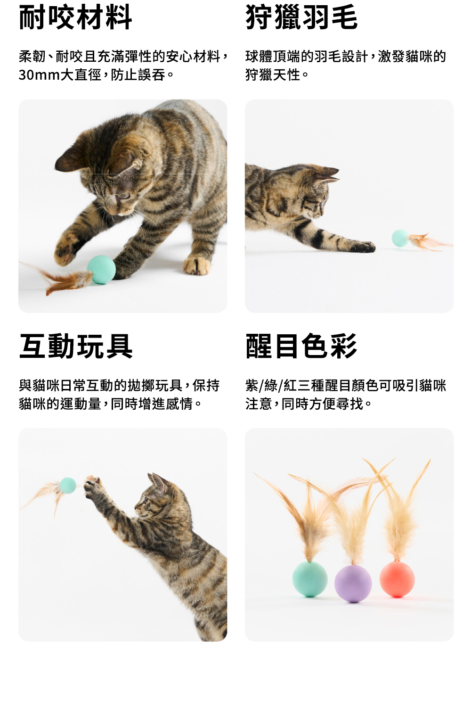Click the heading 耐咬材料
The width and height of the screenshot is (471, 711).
click(x=75, y=17)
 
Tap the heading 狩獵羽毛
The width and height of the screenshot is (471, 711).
click(x=301, y=17)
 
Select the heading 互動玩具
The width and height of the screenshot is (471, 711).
click(x=76, y=346)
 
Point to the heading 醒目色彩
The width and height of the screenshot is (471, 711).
click(x=301, y=346)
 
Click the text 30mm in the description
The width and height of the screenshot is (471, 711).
click(x=39, y=75)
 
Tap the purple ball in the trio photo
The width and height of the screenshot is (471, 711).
click(x=353, y=583)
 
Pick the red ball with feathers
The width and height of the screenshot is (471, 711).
click(x=397, y=579)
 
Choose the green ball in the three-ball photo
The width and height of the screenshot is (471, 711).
click(x=309, y=579)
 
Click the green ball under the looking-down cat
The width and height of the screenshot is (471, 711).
click(x=101, y=270)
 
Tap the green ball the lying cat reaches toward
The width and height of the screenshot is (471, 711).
click(x=400, y=238)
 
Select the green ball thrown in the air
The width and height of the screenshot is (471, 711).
click(x=68, y=485)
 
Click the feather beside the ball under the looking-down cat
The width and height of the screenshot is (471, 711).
click(x=57, y=278)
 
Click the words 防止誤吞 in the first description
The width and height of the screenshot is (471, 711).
click(x=138, y=75)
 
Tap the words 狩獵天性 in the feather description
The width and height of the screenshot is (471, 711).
click(x=273, y=75)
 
